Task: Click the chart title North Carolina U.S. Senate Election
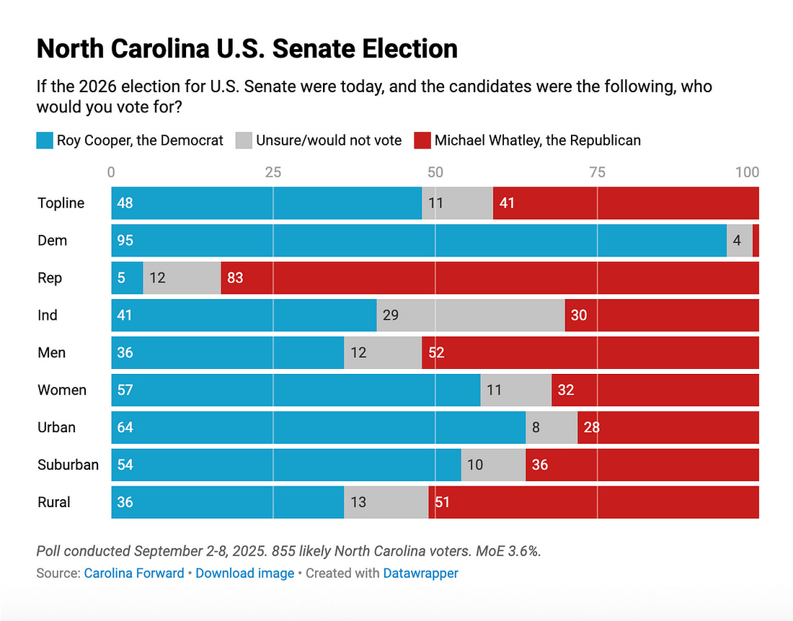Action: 247,49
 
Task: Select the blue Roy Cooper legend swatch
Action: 45,140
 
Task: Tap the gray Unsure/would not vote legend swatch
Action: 244,140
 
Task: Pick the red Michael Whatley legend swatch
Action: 422,140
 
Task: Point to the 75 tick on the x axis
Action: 597,173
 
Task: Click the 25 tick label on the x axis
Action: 273,173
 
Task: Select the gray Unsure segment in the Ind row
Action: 470,316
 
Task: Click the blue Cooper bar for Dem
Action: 418,241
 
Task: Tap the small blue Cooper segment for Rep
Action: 127,278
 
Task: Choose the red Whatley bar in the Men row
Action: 590,353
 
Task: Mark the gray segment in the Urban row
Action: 551,428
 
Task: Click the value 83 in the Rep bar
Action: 235,278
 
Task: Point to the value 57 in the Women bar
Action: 125,390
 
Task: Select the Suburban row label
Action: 68,465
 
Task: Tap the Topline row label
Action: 61,203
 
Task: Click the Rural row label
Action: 54,502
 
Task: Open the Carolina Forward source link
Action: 134,573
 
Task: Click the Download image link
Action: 244,573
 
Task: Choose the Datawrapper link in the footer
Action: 420,573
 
